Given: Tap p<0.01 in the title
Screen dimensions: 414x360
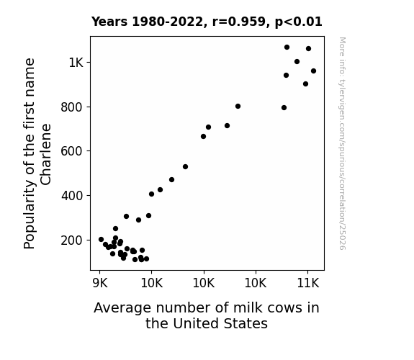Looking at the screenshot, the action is point(299,22).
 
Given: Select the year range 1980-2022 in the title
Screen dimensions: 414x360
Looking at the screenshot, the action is point(167,22).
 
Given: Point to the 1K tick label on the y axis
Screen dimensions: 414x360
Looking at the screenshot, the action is point(76,63).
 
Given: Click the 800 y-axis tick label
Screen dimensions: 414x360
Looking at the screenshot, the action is point(72,107).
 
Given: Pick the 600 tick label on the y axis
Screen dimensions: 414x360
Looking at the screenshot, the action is point(72,151).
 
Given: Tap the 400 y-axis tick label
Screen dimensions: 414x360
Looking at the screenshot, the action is point(72,196).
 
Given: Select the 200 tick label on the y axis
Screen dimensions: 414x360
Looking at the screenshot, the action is point(72,240).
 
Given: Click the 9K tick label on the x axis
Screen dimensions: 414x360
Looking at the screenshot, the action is point(100,283).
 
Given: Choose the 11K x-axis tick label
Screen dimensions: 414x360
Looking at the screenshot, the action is point(308,283).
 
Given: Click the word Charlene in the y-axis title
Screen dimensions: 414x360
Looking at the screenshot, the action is point(45,155).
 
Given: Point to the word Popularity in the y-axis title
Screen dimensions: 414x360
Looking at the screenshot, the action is point(29,215).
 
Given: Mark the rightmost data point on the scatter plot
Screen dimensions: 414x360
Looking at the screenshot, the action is point(313,71).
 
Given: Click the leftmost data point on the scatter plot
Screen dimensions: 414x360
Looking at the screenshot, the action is point(101,239).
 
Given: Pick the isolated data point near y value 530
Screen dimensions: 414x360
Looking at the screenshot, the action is point(185,166).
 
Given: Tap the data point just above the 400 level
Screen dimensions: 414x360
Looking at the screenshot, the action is point(151,194).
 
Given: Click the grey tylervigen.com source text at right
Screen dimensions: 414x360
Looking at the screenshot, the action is point(342,143).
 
